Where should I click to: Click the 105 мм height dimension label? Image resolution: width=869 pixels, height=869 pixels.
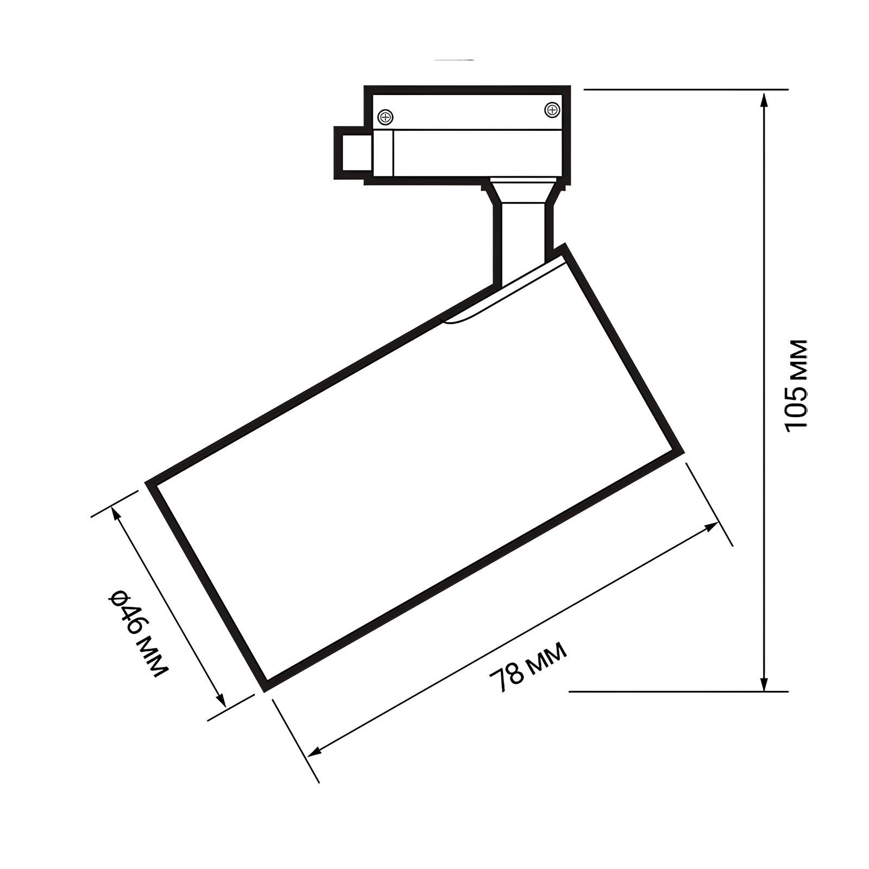[x=797, y=384]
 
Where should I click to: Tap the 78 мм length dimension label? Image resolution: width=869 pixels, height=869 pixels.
[x=528, y=667]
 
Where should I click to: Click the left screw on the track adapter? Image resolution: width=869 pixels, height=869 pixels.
[x=385, y=116]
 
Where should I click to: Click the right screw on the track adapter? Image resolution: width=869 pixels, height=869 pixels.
[x=552, y=110]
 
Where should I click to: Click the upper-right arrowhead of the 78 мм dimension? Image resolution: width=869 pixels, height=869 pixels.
[x=713, y=526]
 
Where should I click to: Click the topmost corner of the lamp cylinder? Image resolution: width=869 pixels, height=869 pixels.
[x=565, y=245]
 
